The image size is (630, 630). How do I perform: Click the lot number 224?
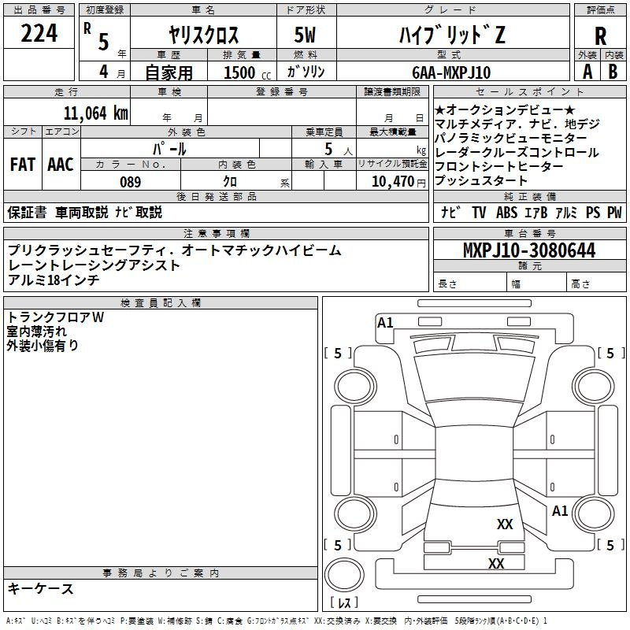[39, 33]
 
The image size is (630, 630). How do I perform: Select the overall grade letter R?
[600, 36]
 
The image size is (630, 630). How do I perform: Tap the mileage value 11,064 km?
[95, 113]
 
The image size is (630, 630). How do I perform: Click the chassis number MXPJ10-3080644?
[529, 250]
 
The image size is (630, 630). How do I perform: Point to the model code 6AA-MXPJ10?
[451, 72]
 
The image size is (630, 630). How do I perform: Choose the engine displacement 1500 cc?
[247, 72]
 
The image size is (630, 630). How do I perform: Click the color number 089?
[131, 182]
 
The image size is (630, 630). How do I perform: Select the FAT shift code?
[23, 165]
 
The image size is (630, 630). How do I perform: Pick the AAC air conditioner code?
[61, 165]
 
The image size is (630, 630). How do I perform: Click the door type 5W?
[305, 35]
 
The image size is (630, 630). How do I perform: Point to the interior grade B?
[613, 72]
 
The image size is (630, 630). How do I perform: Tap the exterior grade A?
[587, 72]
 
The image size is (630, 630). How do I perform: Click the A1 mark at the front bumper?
[385, 323]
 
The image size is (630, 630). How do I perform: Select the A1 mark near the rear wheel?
[560, 510]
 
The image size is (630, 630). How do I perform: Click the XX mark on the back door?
[505, 524]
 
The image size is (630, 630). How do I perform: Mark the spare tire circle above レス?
[344, 574]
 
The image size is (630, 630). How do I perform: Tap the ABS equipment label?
[506, 213]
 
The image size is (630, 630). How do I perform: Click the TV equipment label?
[479, 213]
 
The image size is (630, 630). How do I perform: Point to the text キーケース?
[40, 588]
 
